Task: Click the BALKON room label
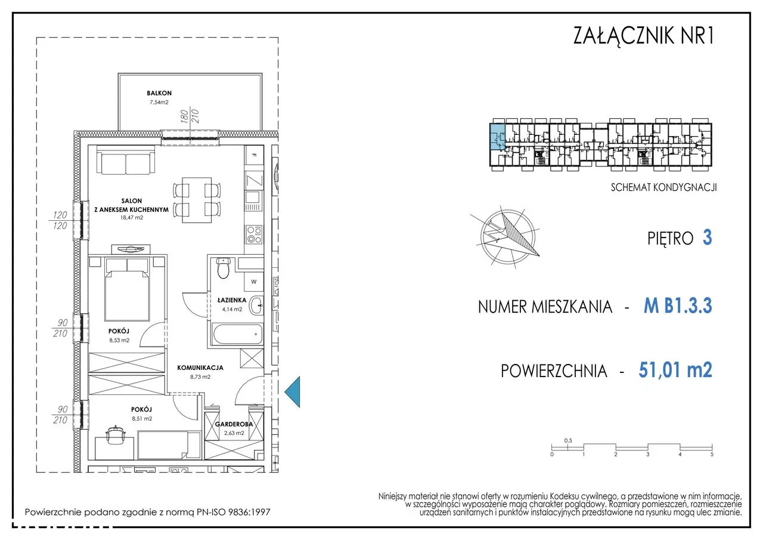pos(159,93)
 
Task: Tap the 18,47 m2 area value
pos(132,218)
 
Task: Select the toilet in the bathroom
pos(224,269)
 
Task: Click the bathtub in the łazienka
pos(237,334)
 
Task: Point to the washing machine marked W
pos(254,282)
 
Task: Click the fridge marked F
pos(254,155)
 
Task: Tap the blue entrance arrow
pos(292,391)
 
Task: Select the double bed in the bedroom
pos(127,289)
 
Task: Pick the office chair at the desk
pos(116,435)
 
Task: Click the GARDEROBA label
pos(234,424)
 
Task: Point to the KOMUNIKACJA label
pos(200,368)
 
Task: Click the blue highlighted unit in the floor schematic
pos(497,137)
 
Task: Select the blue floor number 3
pos(707,237)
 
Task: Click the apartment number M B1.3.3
pos(678,306)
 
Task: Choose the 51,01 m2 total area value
pos(675,370)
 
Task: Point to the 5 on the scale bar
pos(712,455)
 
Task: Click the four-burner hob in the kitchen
pos(254,234)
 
